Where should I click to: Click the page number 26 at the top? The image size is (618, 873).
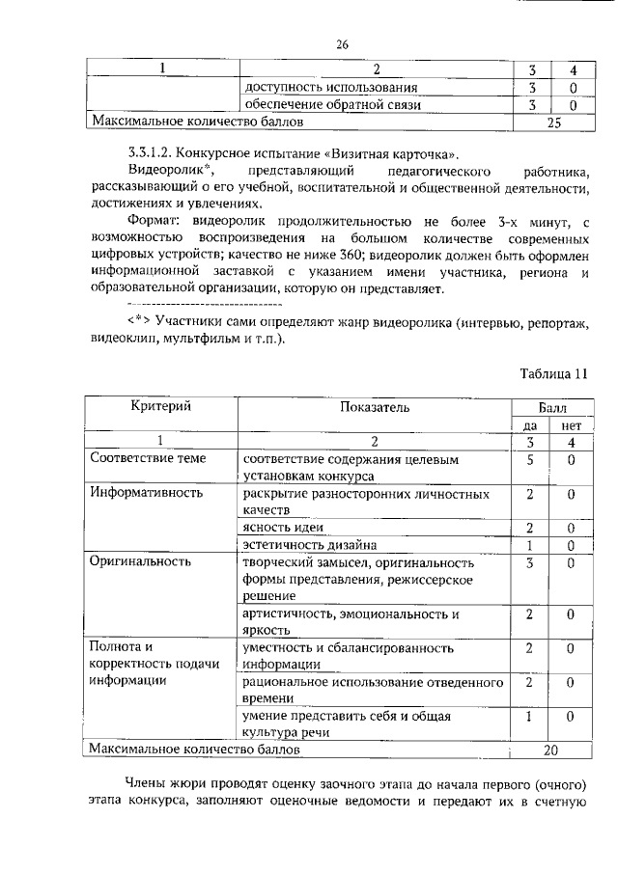(x=341, y=43)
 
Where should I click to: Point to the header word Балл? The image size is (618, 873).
(x=550, y=407)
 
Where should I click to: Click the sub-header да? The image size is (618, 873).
(x=530, y=424)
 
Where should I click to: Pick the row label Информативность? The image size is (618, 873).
(x=146, y=493)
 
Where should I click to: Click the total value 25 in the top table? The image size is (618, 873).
(x=553, y=123)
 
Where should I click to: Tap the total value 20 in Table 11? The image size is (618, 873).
(x=551, y=748)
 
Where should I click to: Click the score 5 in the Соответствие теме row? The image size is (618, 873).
(x=530, y=459)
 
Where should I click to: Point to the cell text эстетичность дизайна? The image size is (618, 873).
(x=309, y=544)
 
